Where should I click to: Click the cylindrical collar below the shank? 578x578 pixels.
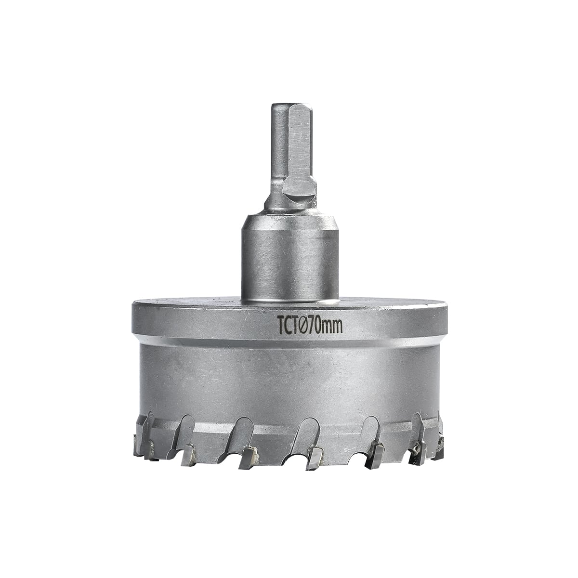tap(290, 262)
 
